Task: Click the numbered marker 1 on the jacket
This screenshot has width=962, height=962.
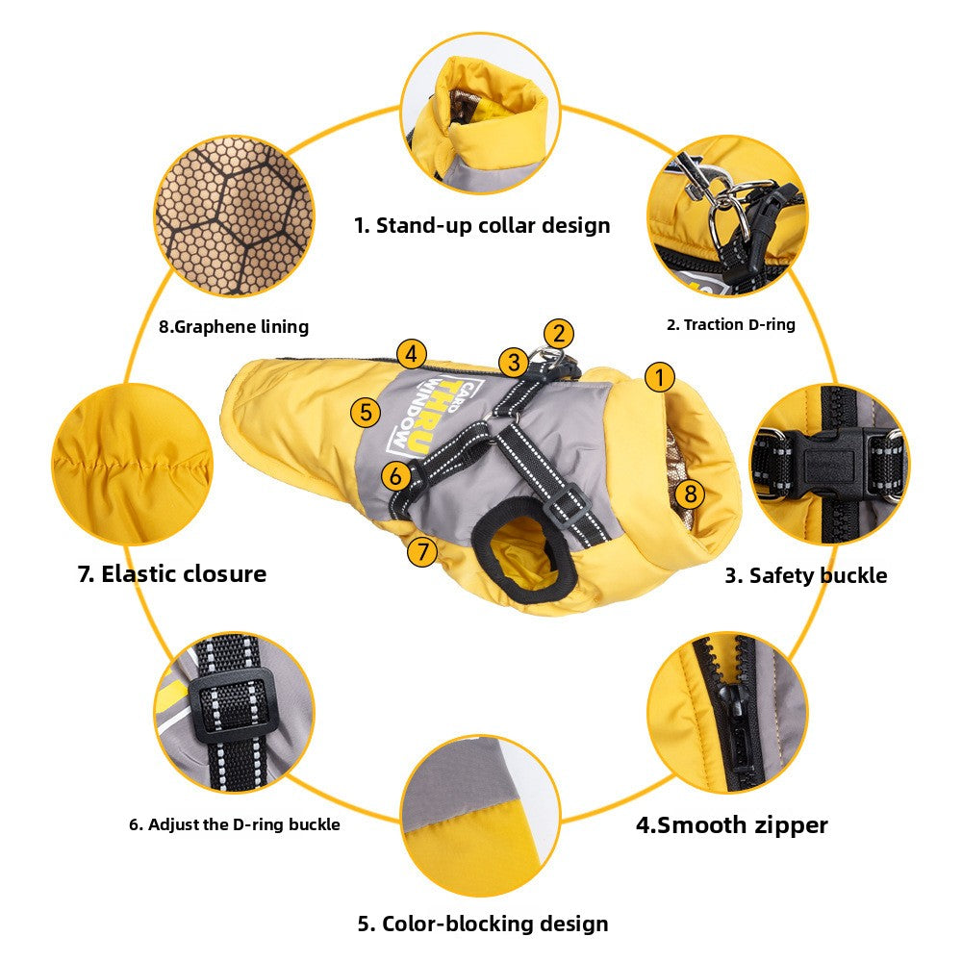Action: coord(660,377)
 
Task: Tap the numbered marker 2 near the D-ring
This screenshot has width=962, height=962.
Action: coord(558,334)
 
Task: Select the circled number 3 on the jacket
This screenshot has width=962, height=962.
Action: coord(514,362)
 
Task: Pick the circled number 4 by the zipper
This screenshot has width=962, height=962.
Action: coord(411,354)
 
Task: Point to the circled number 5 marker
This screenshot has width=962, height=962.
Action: coord(366,412)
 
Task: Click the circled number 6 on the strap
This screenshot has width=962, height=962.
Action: coord(395,475)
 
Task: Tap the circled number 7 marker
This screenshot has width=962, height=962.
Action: coord(422,551)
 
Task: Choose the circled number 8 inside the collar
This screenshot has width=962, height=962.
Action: coord(690,494)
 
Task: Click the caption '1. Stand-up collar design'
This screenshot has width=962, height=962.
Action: coord(482,225)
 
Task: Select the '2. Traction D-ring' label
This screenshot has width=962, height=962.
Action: coord(731,324)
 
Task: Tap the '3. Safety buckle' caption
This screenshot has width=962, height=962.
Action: coord(806,575)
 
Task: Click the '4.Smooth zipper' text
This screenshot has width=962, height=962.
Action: coord(732,825)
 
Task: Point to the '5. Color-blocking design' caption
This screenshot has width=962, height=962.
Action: coord(483,924)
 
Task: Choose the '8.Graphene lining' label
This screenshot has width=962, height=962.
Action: coord(234,326)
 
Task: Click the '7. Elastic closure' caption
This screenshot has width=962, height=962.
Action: coord(172,574)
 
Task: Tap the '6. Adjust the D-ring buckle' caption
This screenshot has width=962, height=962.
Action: coord(235,824)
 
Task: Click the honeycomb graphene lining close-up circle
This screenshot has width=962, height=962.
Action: coord(234,215)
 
